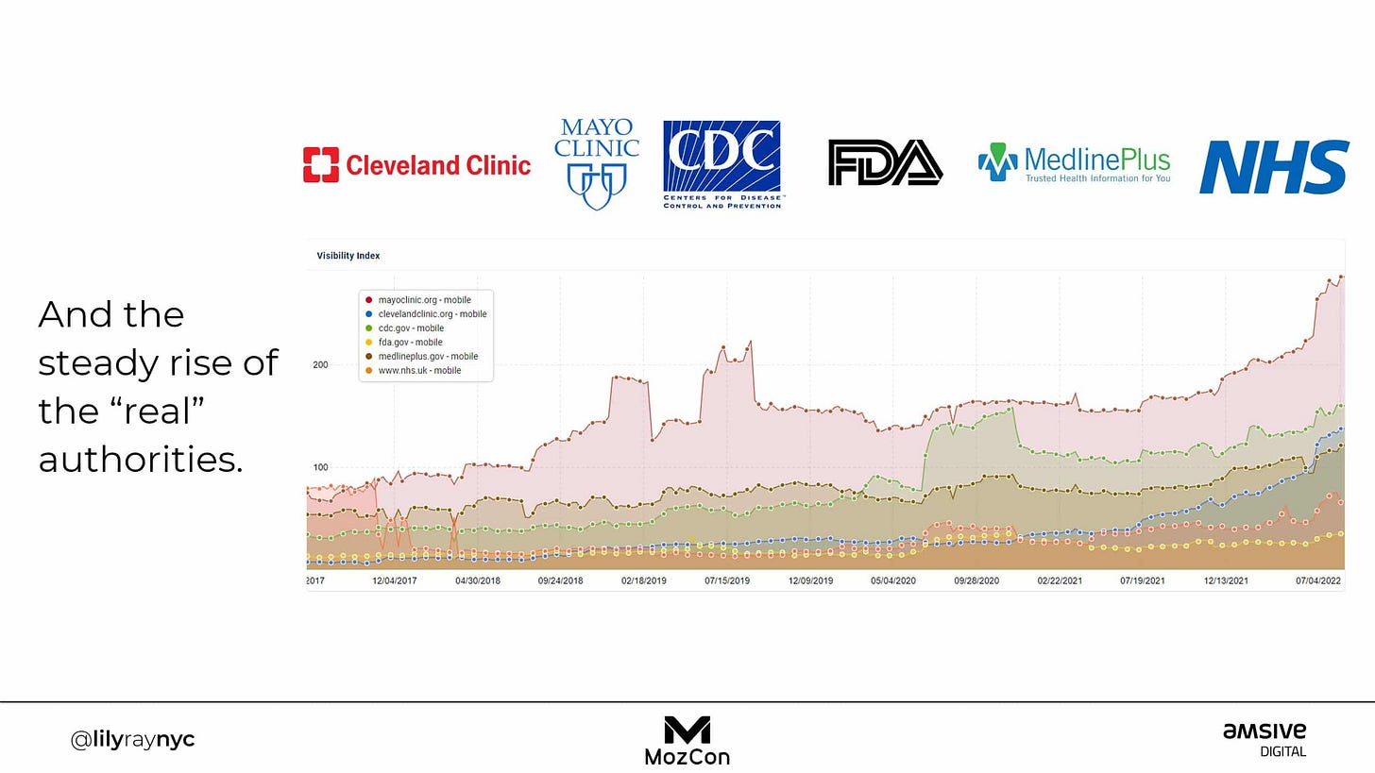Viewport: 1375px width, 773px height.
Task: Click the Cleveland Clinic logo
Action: pos(416,164)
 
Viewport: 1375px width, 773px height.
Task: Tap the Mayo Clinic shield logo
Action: pos(597,164)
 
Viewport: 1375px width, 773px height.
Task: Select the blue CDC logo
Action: pos(722,164)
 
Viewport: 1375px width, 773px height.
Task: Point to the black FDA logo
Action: pos(885,162)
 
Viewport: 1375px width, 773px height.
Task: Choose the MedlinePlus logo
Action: pos(1075,162)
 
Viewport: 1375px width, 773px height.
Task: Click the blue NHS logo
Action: pos(1274,167)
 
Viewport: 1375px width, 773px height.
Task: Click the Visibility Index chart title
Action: pos(348,256)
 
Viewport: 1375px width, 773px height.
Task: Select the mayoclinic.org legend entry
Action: pos(418,300)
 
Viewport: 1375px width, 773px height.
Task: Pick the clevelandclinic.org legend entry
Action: pos(426,314)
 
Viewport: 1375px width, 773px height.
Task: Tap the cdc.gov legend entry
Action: pos(404,328)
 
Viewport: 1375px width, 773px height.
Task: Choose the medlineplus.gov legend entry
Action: pos(422,357)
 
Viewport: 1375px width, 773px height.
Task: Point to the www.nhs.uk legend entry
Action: pos(413,371)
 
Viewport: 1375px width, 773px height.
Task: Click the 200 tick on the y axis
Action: pos(320,365)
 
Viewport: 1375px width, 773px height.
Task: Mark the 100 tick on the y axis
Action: pos(320,467)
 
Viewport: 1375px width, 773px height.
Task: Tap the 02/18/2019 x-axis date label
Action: pos(643,581)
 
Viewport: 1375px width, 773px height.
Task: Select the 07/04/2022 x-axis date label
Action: pos(1318,581)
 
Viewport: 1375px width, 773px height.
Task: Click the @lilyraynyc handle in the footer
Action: pos(132,740)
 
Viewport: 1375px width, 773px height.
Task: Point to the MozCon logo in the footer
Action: pos(687,741)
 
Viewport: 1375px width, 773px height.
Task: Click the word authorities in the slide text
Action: pos(141,459)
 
